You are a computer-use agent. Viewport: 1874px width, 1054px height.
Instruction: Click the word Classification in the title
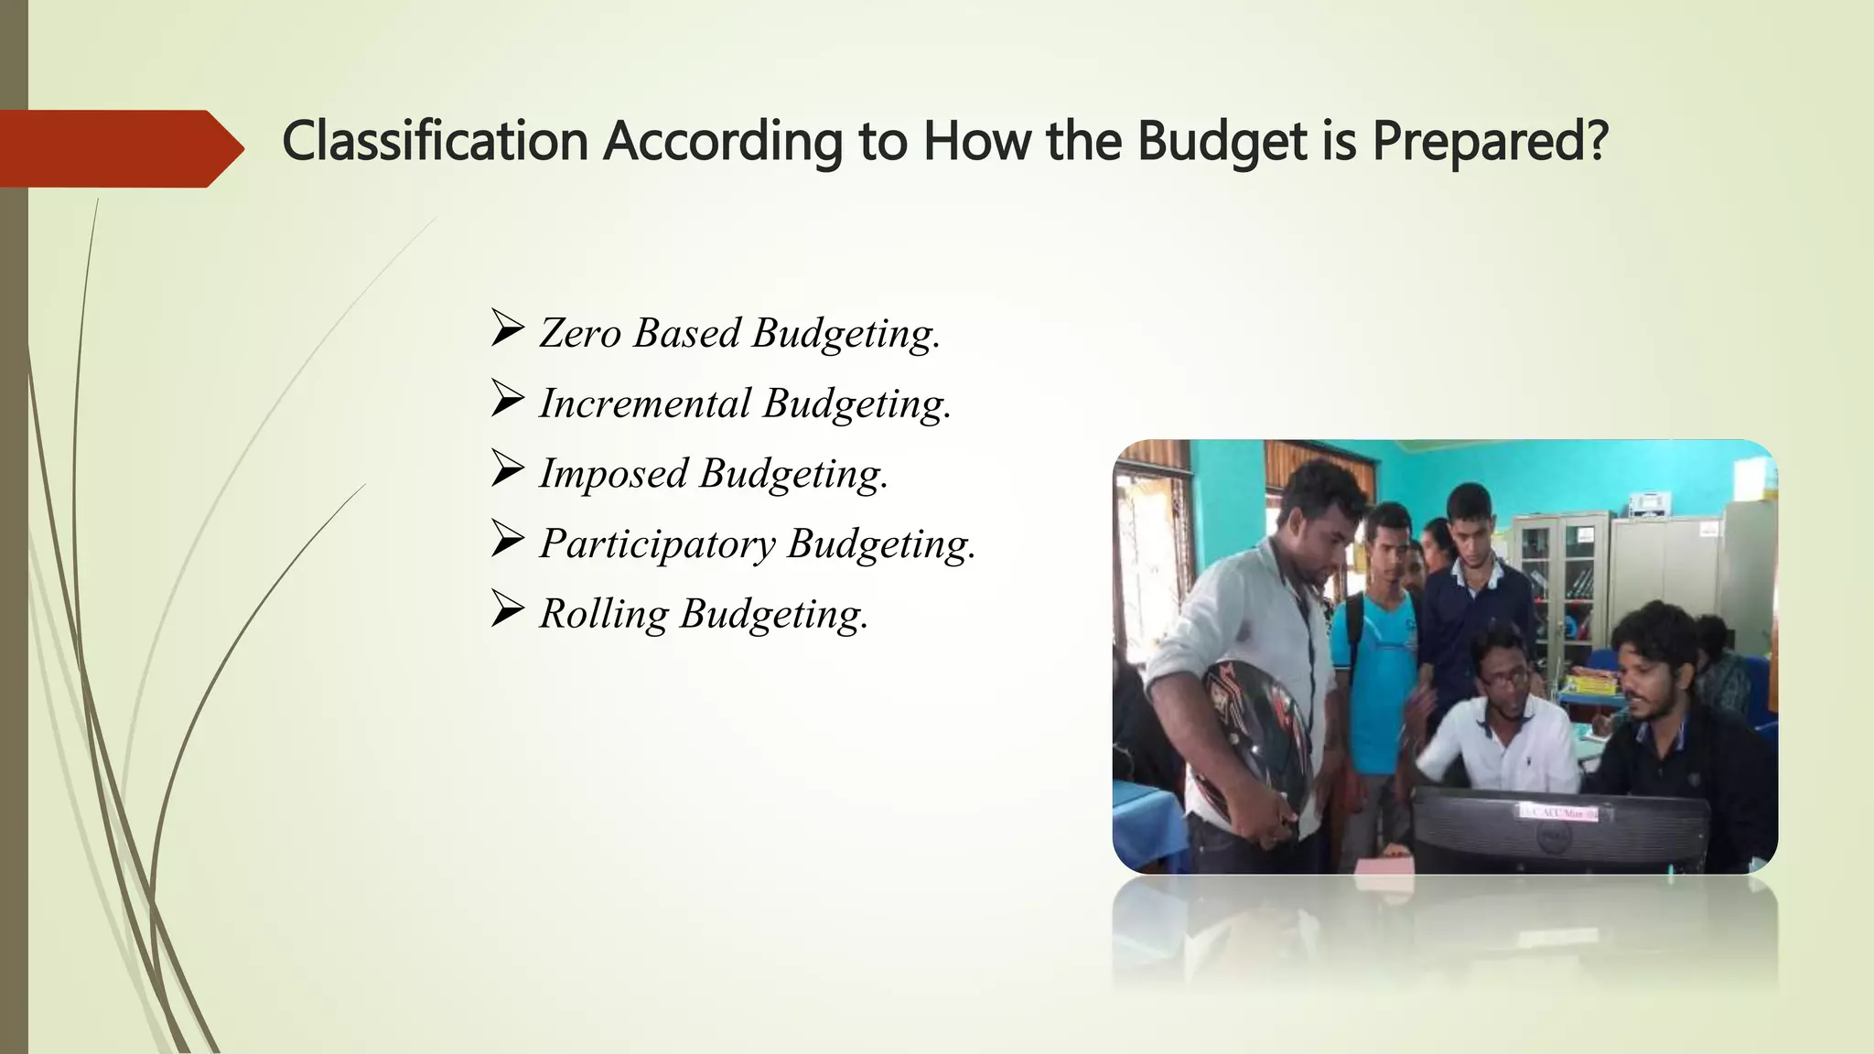pos(435,142)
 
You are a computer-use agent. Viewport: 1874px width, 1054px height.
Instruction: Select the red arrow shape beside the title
pos(119,148)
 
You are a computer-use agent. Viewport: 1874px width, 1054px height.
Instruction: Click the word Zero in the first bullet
pos(580,333)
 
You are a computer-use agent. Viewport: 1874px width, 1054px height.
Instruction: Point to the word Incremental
pos(644,403)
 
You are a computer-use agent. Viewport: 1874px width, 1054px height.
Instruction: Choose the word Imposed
pos(613,474)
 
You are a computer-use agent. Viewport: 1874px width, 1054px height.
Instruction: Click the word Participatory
pos(656,544)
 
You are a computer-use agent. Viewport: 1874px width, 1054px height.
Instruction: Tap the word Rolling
pos(604,614)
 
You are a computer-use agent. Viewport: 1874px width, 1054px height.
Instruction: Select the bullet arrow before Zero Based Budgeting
pos(507,328)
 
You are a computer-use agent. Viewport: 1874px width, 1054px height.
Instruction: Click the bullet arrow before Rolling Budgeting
pos(507,608)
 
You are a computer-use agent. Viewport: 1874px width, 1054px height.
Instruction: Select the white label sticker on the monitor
pos(1557,812)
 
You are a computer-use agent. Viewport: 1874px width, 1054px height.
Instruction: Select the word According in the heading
pos(723,142)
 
